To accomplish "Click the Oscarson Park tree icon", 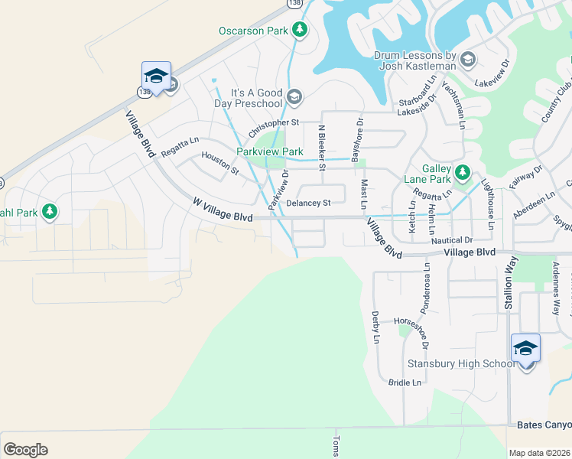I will (301, 30).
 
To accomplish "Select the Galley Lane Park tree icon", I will (462, 173).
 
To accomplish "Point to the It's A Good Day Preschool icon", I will (294, 97).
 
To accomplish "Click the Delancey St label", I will (308, 203).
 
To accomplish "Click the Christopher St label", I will (274, 122).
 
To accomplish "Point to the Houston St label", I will (219, 161).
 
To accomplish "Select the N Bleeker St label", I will (323, 148).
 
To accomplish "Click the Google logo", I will (25, 450).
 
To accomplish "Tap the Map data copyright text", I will (539, 453).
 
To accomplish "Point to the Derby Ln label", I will (375, 327).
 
